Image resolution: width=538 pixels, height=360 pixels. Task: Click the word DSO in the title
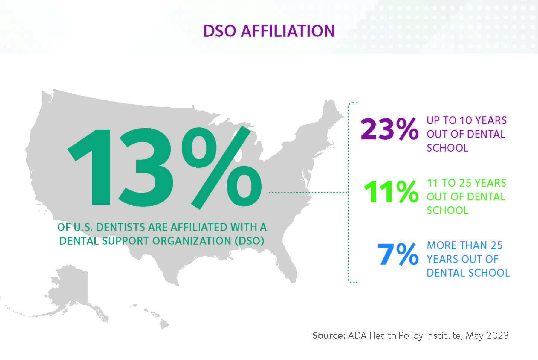[220, 31]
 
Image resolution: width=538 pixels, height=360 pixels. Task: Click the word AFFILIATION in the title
[288, 31]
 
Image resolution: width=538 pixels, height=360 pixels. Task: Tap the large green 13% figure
[164, 167]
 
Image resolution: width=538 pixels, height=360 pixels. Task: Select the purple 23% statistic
[389, 129]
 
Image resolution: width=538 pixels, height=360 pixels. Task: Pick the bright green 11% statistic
[391, 192]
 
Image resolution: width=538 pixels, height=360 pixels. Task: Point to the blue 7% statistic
[398, 254]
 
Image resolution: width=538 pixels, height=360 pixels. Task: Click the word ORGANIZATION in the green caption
[192, 241]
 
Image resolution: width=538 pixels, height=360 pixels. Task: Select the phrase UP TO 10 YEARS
[467, 120]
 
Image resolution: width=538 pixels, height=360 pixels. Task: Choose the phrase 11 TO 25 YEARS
[466, 183]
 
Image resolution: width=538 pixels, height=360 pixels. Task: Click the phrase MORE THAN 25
[465, 245]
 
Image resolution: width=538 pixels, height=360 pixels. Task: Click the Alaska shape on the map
[72, 287]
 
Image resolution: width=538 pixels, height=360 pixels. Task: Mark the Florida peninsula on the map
[288, 266]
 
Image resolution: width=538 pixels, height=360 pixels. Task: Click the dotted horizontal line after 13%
[308, 193]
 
